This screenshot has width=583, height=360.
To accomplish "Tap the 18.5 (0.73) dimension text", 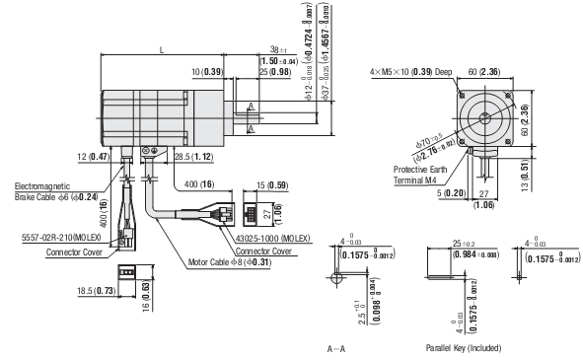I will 95,292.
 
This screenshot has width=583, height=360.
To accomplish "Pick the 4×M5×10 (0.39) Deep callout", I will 410,72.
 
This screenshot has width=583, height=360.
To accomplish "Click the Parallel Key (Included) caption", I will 464,348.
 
